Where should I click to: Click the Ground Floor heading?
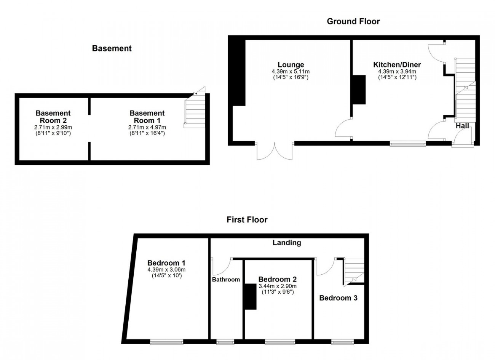(x=353, y=21)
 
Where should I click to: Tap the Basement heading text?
(x=112, y=48)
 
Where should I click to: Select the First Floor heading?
(x=247, y=220)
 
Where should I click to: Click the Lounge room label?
(x=291, y=64)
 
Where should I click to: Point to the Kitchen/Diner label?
(x=397, y=64)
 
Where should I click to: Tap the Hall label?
(x=462, y=126)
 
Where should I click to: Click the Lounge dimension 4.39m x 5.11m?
(x=291, y=72)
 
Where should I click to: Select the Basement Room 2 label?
(x=53, y=117)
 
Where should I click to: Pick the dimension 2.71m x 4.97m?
(x=147, y=127)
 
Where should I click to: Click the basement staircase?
(x=195, y=110)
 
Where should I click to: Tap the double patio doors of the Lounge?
(x=275, y=150)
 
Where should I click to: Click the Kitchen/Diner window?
(x=408, y=144)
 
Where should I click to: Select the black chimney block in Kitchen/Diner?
(x=359, y=90)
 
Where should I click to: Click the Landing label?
(x=287, y=243)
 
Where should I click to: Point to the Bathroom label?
(x=226, y=280)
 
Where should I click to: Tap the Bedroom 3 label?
(x=339, y=298)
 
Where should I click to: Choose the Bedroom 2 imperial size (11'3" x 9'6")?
(x=278, y=292)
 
